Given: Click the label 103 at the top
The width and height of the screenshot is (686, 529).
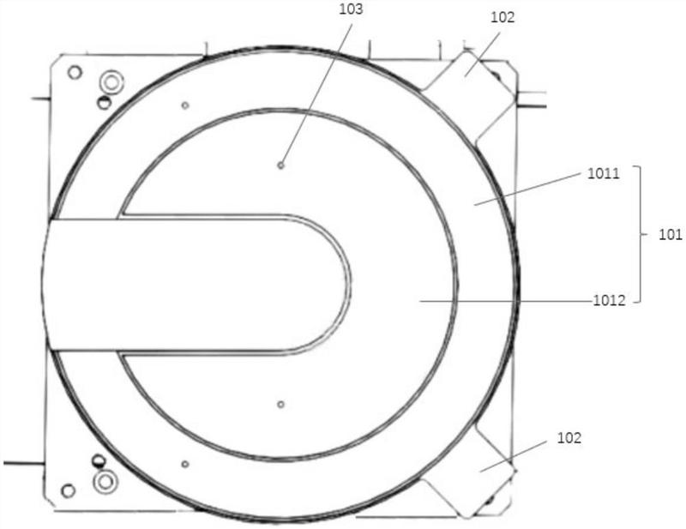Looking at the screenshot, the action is (351, 9).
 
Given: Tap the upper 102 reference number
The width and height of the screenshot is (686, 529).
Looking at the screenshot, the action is (502, 17).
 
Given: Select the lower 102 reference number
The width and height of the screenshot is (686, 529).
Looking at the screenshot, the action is (569, 438).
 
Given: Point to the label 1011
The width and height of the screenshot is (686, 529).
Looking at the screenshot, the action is (604, 174).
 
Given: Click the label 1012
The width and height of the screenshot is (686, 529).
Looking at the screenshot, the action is (609, 301).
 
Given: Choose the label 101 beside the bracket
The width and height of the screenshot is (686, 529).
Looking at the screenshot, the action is (670, 235).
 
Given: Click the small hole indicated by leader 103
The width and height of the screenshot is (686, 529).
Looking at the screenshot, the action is (281, 165).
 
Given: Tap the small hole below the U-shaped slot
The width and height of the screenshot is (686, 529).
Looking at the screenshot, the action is (281, 405).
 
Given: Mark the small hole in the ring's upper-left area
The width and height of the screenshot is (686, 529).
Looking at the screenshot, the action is (185, 105).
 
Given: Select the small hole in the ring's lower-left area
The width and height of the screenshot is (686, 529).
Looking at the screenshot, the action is (185, 464).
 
